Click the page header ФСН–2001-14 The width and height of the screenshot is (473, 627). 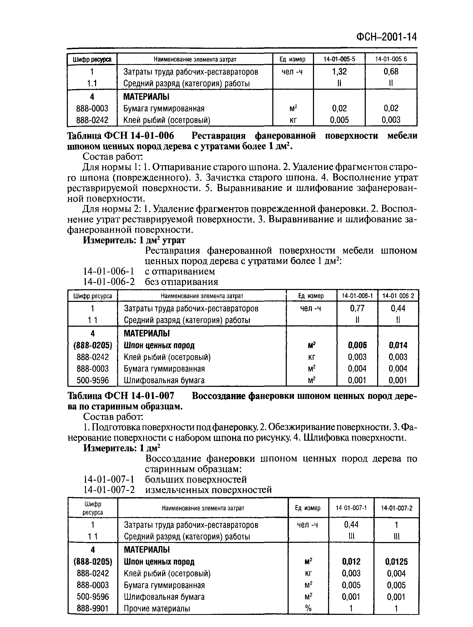[386, 37]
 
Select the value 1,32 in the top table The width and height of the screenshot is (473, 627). [339, 72]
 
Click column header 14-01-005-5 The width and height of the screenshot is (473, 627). [339, 59]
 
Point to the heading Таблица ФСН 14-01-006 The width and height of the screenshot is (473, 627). [120, 136]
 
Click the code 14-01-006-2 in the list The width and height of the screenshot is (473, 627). [109, 282]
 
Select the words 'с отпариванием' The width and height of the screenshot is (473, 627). [180, 271]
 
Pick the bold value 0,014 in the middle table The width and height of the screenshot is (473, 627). [398, 345]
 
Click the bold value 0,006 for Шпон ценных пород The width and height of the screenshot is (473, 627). [357, 345]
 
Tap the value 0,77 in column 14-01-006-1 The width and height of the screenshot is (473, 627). [357, 308]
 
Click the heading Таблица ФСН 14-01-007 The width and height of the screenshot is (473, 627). [120, 396]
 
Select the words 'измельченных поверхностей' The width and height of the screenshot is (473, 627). [208, 490]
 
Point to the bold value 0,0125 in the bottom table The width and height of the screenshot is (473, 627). [396, 562]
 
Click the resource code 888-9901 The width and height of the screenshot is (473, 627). [92, 608]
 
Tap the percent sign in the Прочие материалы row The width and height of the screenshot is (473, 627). [308, 608]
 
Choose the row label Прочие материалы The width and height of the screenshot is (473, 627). [157, 608]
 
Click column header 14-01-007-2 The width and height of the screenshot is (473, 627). [396, 508]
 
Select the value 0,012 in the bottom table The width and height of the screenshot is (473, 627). [351, 562]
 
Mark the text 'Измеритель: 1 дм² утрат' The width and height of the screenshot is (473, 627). [134, 240]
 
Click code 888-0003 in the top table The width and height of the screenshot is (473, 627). [92, 108]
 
